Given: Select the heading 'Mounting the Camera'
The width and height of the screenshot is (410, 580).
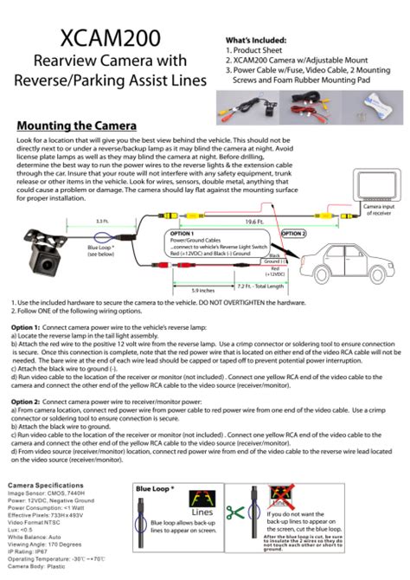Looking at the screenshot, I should tap(78, 126).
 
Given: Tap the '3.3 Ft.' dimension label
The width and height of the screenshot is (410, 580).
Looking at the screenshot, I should tap(102, 222).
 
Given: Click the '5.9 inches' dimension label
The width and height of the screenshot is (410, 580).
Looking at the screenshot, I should tap(202, 289).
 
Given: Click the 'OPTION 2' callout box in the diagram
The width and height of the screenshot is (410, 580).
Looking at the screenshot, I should tap(293, 233).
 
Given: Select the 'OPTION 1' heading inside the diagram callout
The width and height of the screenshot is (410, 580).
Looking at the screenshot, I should tap(183, 234).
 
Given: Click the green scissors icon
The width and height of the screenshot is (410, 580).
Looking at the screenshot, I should tap(231, 511).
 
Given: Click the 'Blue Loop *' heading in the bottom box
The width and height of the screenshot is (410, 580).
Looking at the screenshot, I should tap(156, 489).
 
